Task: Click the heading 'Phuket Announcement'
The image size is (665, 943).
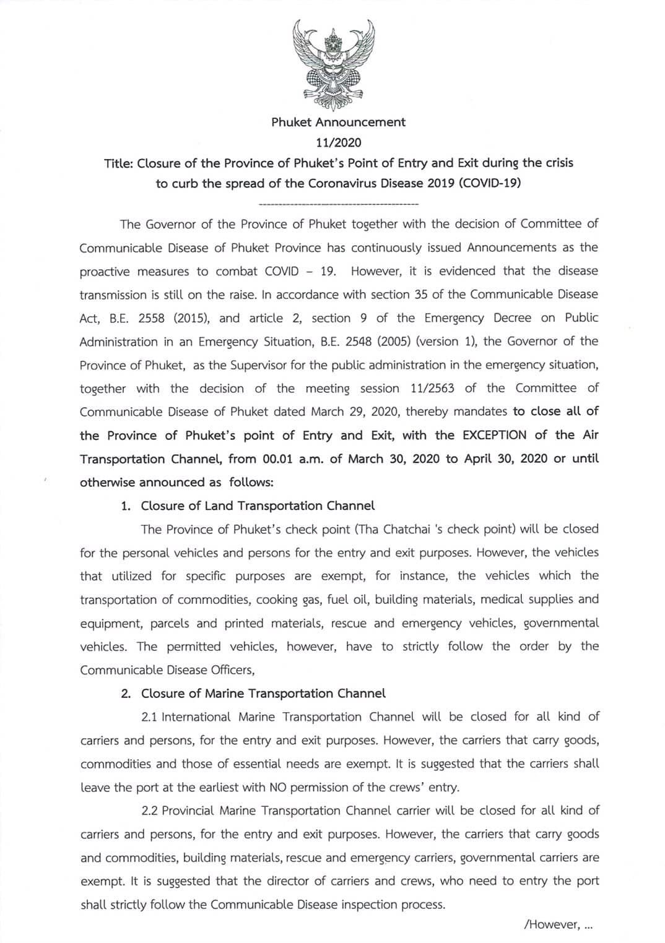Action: tap(338, 122)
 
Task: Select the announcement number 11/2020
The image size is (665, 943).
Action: tap(338, 143)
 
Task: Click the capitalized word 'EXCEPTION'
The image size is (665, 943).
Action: tap(494, 435)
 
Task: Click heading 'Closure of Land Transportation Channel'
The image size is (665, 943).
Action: tap(258, 506)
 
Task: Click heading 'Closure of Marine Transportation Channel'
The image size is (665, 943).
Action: tap(263, 694)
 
